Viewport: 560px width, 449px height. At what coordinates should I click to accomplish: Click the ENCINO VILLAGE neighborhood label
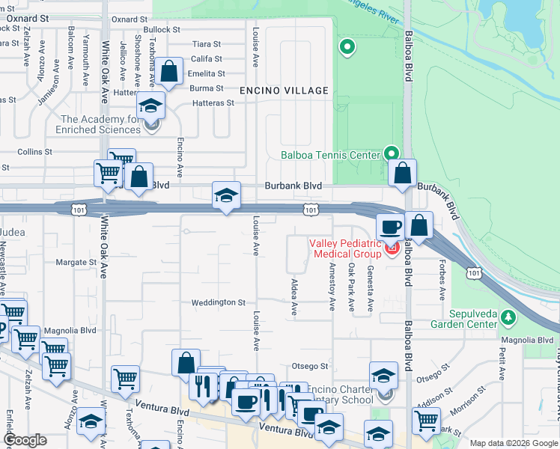(284, 91)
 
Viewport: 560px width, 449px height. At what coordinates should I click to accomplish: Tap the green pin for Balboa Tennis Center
(391, 153)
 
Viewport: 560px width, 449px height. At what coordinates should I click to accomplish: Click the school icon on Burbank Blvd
(227, 196)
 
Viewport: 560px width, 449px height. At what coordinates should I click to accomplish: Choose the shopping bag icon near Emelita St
(170, 73)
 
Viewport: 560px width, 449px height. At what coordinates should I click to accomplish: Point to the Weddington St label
(219, 302)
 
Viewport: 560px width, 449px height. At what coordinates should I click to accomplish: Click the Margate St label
(76, 263)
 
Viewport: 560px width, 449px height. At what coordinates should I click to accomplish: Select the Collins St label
(34, 151)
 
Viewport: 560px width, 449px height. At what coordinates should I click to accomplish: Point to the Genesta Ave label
(370, 291)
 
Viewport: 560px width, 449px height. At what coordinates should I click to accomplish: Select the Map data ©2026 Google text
(514, 443)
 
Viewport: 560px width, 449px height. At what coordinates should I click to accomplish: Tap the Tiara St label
(207, 44)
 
